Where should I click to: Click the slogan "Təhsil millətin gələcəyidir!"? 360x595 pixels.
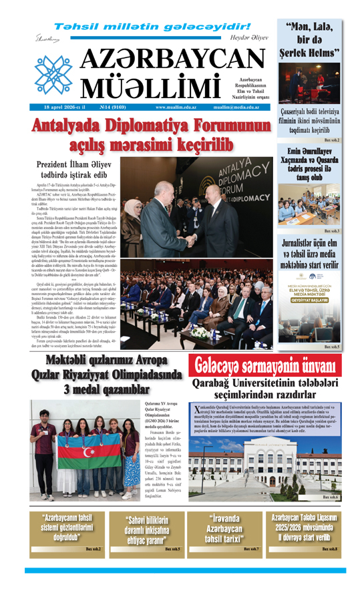click(x=152, y=27)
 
